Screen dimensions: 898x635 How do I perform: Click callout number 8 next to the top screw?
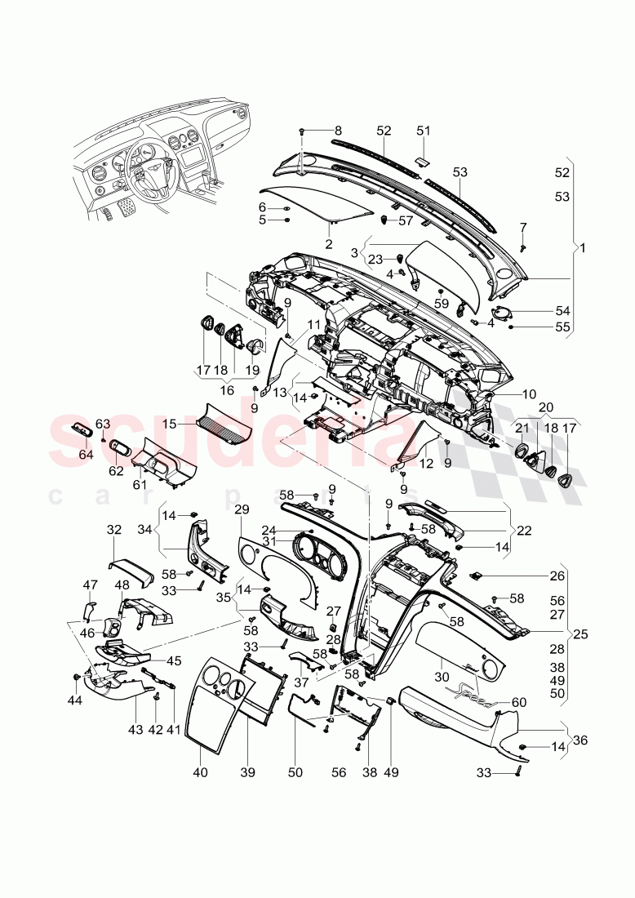click(x=339, y=130)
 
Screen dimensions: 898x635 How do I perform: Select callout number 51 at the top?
click(x=423, y=130)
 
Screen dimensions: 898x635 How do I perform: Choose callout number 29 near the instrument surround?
click(x=241, y=509)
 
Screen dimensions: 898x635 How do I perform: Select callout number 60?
click(x=519, y=702)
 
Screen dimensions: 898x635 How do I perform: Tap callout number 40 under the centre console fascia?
click(x=201, y=771)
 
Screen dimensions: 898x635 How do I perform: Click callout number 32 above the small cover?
click(x=113, y=530)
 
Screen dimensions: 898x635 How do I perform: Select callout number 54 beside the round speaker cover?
click(x=562, y=311)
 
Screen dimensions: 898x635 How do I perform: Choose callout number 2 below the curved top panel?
click(x=328, y=243)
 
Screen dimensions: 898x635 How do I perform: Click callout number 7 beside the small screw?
click(x=523, y=226)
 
